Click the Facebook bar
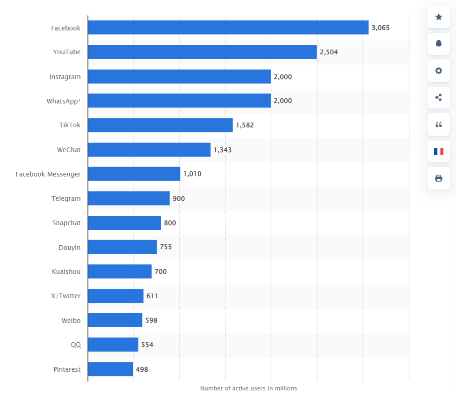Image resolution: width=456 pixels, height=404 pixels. (228, 28)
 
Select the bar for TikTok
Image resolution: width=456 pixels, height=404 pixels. (160, 125)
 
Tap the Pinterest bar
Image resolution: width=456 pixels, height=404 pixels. (110, 369)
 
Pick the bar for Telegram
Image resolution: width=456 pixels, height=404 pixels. (129, 198)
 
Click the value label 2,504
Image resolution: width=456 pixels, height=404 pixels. (329, 52)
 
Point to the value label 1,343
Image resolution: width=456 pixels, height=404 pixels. (223, 150)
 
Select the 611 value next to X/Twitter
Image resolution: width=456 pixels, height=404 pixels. (152, 296)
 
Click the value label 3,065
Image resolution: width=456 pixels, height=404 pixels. (380, 28)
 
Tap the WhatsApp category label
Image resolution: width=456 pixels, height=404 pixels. (63, 101)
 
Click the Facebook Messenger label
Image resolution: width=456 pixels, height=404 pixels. (48, 174)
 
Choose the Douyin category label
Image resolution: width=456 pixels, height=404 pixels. (69, 247)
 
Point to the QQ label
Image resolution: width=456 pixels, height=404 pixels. (75, 345)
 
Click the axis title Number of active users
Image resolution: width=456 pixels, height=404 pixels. (248, 389)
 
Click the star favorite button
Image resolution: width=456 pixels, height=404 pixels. (438, 17)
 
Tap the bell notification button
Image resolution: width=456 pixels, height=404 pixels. (438, 44)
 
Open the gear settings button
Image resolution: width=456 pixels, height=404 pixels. (438, 71)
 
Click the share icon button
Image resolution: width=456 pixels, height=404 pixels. (438, 98)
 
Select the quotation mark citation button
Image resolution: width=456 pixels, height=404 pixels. (438, 125)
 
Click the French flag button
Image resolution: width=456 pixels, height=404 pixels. (438, 151)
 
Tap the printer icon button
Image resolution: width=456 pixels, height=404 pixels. (438, 178)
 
